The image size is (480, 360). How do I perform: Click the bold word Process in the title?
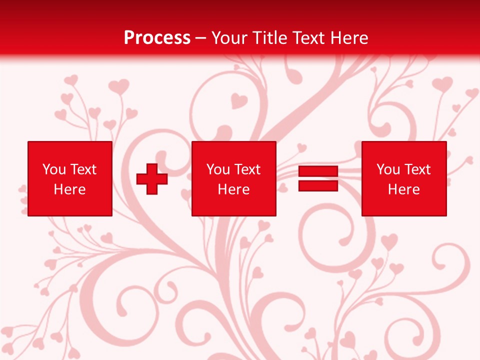[157, 38]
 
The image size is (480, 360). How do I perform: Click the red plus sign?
[152, 178]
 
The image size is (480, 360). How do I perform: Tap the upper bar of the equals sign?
[318, 171]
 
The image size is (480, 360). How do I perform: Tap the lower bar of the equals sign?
[318, 186]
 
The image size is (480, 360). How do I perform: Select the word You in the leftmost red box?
[54, 169]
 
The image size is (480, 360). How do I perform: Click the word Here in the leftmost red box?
[69, 189]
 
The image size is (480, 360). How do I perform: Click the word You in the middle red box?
[218, 169]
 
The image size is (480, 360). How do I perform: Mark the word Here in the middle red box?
[233, 189]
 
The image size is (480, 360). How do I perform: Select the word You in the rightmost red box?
[388, 169]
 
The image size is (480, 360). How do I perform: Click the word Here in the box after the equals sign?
[403, 189]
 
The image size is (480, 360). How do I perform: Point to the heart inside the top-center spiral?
[239, 101]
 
